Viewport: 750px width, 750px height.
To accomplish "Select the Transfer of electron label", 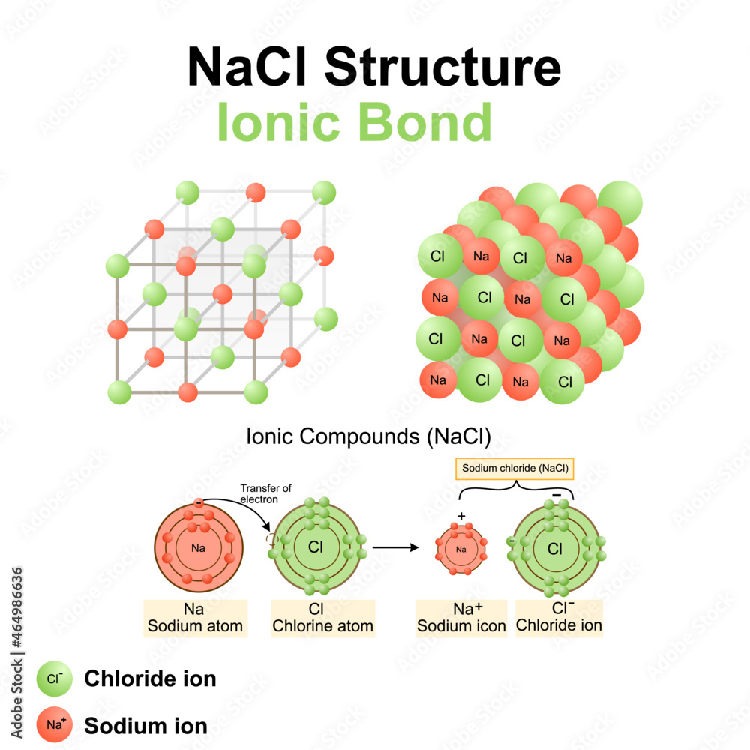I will [260, 493].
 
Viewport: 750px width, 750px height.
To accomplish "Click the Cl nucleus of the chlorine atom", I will [315, 547].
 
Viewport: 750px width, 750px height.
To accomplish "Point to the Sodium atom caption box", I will [194, 618].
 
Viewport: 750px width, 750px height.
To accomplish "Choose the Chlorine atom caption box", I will [322, 618].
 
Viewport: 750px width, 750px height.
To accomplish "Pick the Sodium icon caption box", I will [461, 618].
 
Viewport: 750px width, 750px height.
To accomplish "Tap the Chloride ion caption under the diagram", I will [559, 618].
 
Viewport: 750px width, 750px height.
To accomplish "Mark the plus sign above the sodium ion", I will [461, 517].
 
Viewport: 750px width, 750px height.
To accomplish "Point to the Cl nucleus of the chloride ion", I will [555, 549].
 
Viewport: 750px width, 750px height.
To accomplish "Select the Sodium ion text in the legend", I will [145, 726].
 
